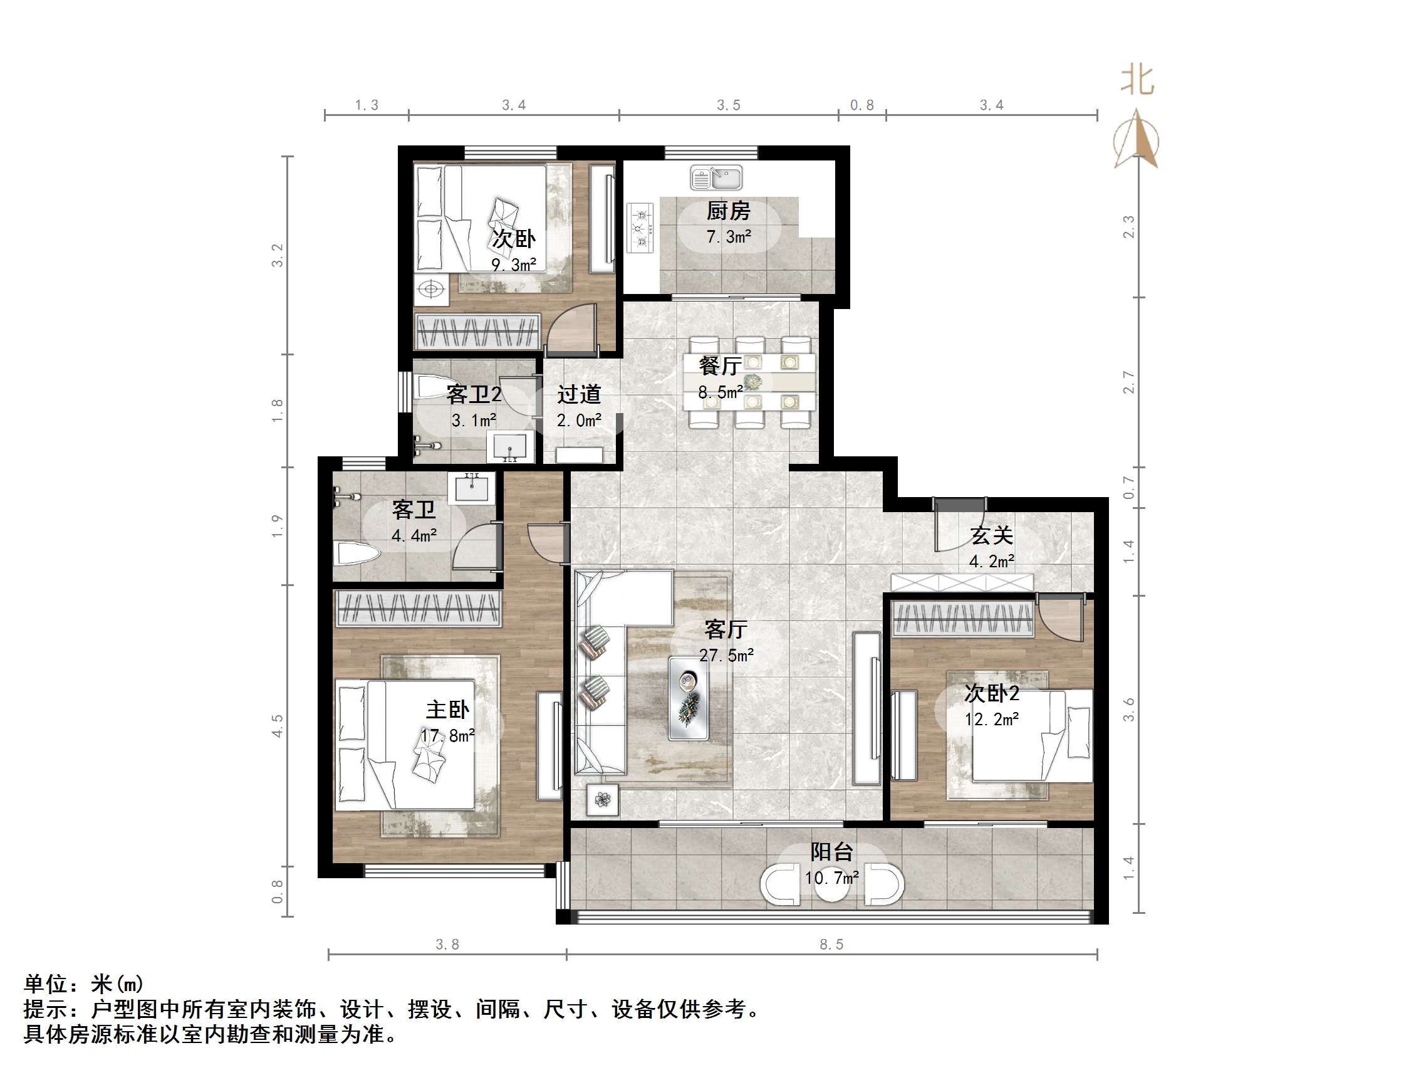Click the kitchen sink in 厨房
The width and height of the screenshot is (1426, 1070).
(716, 177)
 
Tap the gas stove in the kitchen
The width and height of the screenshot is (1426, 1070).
(640, 228)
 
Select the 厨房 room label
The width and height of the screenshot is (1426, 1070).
(728, 211)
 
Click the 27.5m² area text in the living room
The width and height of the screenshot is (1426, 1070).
(727, 655)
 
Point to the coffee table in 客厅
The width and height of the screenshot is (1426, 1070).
(688, 698)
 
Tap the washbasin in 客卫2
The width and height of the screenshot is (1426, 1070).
(510, 447)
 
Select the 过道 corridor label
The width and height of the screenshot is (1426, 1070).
(579, 394)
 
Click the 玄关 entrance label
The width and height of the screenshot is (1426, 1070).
(991, 535)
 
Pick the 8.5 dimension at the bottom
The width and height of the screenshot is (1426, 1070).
(831, 944)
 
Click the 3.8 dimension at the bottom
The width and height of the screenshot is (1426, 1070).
(447, 944)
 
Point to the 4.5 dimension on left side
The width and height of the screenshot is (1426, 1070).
(277, 726)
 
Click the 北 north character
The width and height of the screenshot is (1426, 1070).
(1137, 81)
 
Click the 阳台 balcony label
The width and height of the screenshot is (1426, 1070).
(831, 852)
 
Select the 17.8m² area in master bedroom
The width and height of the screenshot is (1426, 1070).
(447, 735)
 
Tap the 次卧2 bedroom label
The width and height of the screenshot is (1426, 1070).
(991, 693)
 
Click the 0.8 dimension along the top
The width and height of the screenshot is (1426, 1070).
(861, 105)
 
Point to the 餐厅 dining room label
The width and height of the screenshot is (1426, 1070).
(719, 365)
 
